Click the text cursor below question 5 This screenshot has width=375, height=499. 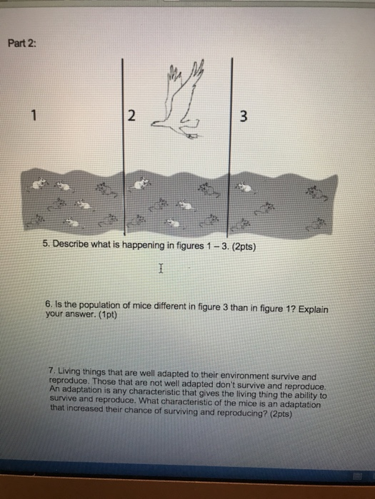(161, 269)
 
